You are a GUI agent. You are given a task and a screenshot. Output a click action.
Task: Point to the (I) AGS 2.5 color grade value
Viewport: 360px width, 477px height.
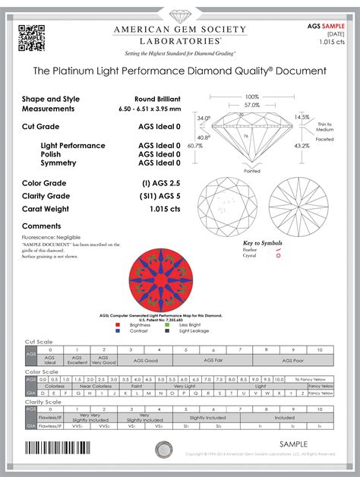tap(161, 184)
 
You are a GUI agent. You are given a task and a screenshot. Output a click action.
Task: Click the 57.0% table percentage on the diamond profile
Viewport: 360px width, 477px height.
tap(251, 105)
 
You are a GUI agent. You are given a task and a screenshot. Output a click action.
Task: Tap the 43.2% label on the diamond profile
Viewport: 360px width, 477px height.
tap(302, 145)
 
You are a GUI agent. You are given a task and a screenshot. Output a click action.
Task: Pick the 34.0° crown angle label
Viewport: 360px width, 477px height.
tap(204, 118)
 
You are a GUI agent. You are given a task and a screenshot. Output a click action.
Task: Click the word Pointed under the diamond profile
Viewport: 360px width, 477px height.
tap(252, 171)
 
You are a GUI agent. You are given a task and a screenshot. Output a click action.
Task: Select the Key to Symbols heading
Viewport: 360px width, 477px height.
tap(262, 242)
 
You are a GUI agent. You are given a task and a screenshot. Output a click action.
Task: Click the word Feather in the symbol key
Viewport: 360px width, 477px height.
tap(251, 250)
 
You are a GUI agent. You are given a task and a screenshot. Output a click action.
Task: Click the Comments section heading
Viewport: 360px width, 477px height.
tap(42, 226)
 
